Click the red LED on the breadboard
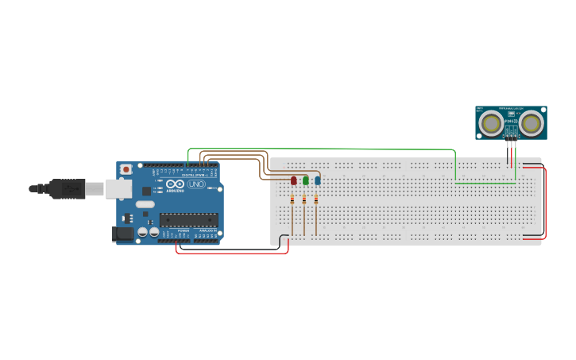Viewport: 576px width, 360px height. point(294,181)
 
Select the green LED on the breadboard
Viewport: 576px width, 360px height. point(306,181)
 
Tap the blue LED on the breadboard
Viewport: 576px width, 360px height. point(318,181)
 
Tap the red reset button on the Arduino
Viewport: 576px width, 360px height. point(126,169)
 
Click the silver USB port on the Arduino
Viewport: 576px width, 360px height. point(119,188)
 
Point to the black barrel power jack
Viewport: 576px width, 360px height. point(123,234)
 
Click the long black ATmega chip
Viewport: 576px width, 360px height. point(188,219)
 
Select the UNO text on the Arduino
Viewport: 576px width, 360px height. point(196,184)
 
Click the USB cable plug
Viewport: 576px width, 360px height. point(67,188)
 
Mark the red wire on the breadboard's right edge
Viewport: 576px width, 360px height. point(545,203)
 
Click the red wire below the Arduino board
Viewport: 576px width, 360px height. point(230,253)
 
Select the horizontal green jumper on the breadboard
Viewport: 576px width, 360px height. point(485,183)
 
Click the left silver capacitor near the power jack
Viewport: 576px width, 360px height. point(143,232)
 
